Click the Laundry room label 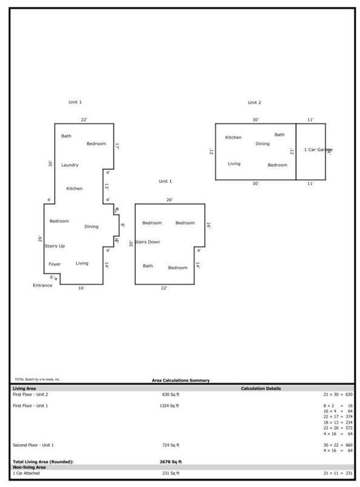[70, 165]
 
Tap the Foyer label [55, 264]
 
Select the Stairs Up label [55, 246]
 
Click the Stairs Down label [147, 242]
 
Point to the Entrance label [42, 284]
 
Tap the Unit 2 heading [255, 102]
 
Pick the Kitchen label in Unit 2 [233, 137]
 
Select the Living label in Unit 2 [234, 164]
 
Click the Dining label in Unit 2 [262, 144]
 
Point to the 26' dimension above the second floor [170, 199]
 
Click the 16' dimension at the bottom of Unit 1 [81, 288]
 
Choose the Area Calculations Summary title [181, 380]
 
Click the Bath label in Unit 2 [279, 134]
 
